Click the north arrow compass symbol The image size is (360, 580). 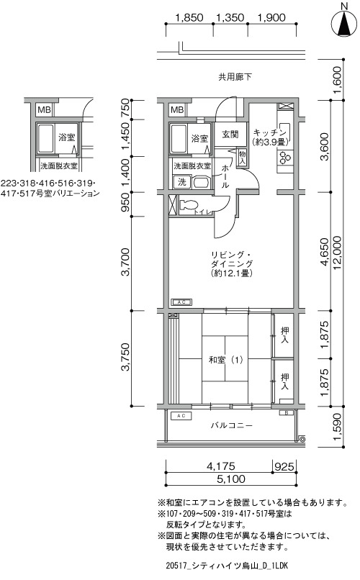pyautogui.click(x=344, y=23)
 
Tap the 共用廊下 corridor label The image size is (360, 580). pyautogui.click(x=235, y=77)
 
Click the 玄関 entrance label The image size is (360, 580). pyautogui.click(x=230, y=135)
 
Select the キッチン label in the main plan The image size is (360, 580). pyautogui.click(x=270, y=132)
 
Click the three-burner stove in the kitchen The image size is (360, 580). pyautogui.click(x=285, y=158)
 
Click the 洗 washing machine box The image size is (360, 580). pyautogui.click(x=182, y=182)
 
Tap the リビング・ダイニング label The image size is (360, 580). pyautogui.click(x=232, y=259)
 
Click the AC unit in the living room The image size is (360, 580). pyautogui.click(x=181, y=302)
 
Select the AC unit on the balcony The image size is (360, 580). pyautogui.click(x=181, y=416)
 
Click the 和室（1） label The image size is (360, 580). pyautogui.click(x=225, y=360)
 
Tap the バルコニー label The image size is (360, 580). pyautogui.click(x=232, y=425)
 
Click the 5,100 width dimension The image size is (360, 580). pyautogui.click(x=231, y=479)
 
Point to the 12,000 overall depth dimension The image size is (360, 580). pyautogui.click(x=338, y=253)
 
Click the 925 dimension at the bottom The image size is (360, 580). pyautogui.click(x=284, y=467)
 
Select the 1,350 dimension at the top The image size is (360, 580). pyautogui.click(x=230, y=17)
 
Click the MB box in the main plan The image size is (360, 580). pyautogui.click(x=177, y=110)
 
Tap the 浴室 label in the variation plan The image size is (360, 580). pyautogui.click(x=66, y=137)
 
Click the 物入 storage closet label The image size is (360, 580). pyautogui.click(x=243, y=158)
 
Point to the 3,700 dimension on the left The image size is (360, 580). pyautogui.click(x=126, y=262)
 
